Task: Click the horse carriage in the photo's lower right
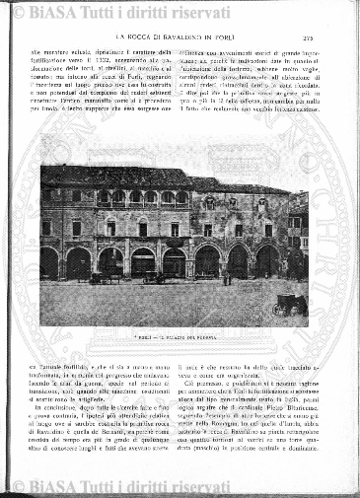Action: tap(290, 304)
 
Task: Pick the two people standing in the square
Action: tap(226, 281)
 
